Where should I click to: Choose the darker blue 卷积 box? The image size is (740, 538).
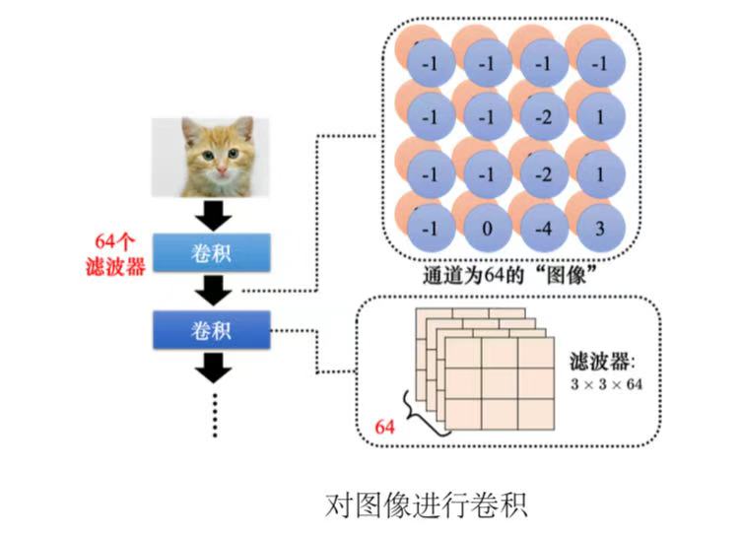(209, 329)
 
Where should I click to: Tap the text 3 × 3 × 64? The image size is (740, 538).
(606, 384)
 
